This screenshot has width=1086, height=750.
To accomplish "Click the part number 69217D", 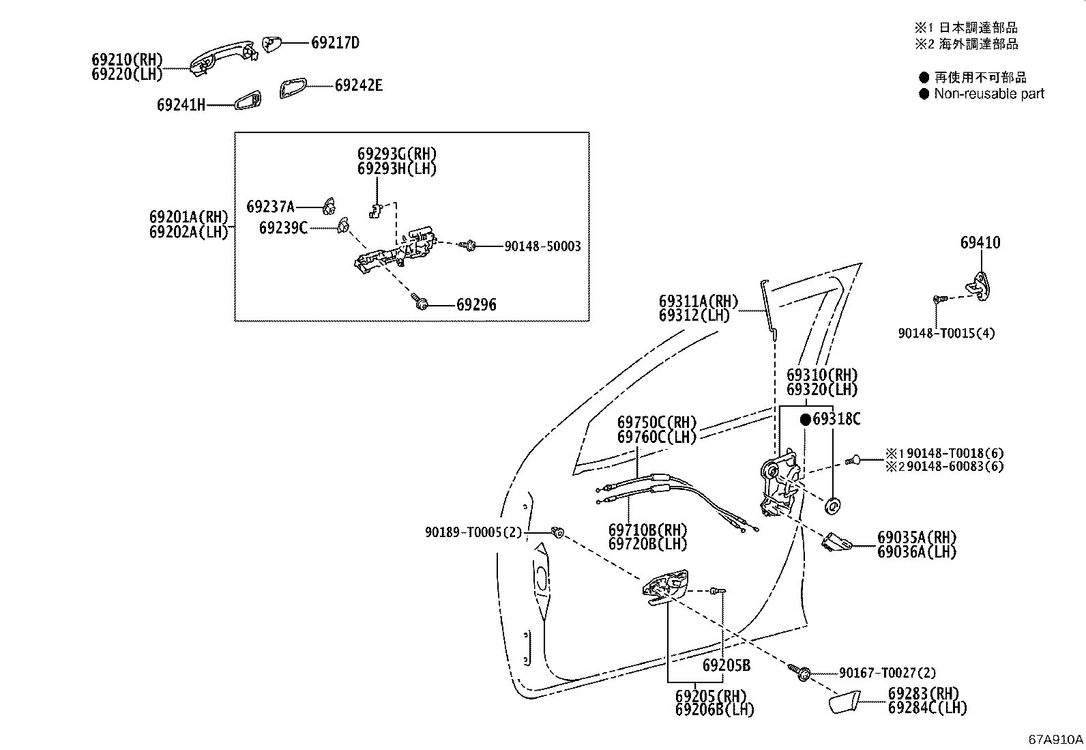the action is coord(335,43).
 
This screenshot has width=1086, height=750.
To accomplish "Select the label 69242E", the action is coord(359,85).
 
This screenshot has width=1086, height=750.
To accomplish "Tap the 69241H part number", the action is coord(181,105).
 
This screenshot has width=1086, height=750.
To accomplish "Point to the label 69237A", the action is coord(271,207).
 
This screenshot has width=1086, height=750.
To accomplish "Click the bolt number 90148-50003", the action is coord(542,246).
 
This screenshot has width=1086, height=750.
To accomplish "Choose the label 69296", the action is coord(476,304).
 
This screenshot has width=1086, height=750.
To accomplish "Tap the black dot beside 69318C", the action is coord(805,420).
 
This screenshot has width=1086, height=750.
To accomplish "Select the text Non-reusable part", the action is coord(989,93).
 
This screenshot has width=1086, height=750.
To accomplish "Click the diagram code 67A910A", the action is coord(1055,739).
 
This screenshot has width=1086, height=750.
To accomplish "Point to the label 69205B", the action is coord(727,665).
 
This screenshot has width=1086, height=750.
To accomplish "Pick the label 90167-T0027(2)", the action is coord(887,673).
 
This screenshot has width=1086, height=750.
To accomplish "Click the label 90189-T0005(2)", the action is coord(473,533).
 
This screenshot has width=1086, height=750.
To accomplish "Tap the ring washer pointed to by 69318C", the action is coord(832,506).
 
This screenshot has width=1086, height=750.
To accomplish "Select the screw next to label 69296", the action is coord(420,302).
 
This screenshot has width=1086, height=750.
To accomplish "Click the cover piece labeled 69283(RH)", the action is coord(844,702).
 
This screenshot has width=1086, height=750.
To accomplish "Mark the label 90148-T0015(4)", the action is coord(946,333).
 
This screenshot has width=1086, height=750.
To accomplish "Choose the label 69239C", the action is coord(283,227).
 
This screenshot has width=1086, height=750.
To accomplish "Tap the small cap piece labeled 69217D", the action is coord(271,43).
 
